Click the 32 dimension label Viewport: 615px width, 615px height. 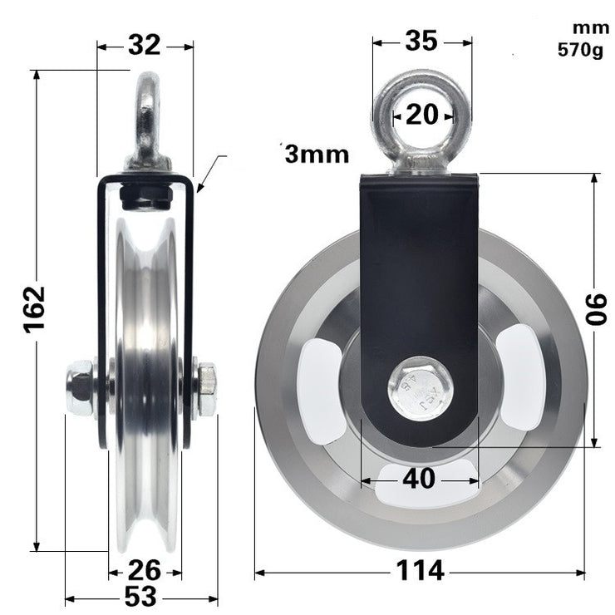pyautogui.click(x=145, y=46)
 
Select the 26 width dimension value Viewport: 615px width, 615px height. pyautogui.click(x=145, y=572)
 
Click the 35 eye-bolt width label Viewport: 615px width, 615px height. pyautogui.click(x=422, y=39)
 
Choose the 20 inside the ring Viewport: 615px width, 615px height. pyautogui.click(x=421, y=115)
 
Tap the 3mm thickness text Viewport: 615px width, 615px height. pyautogui.click(x=316, y=154)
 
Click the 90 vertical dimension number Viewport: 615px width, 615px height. pyautogui.click(x=596, y=309)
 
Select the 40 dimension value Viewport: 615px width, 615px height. pyautogui.click(x=420, y=479)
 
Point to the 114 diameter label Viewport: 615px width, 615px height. pyautogui.click(x=421, y=572)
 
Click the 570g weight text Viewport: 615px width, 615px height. pyautogui.click(x=580, y=50)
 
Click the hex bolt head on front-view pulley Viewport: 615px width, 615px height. pyautogui.click(x=421, y=389)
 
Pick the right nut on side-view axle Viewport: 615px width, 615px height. pyautogui.click(x=206, y=389)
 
